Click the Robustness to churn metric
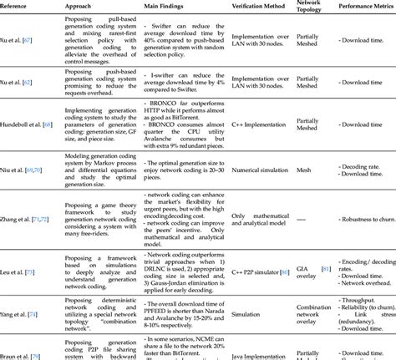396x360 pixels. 368,215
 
